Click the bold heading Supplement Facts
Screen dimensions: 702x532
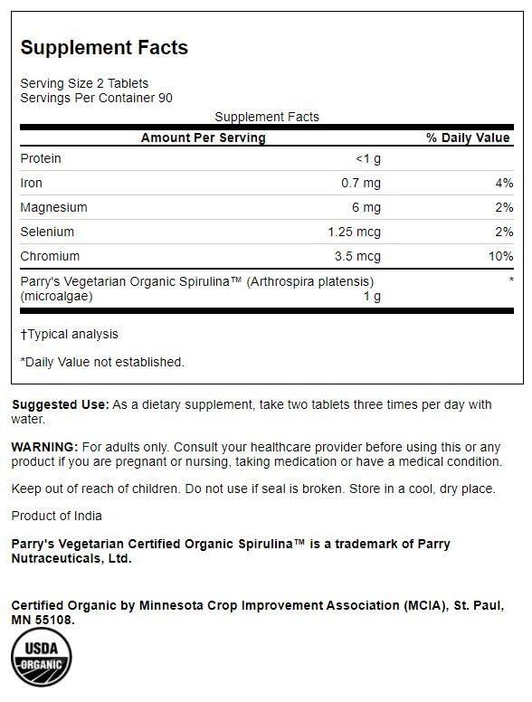104,48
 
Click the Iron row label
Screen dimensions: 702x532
32,183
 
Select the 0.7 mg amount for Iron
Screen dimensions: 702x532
361,183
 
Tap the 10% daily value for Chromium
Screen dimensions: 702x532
500,256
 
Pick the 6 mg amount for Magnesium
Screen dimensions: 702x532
366,207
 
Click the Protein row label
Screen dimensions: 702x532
41,158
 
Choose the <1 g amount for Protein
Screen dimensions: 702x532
368,158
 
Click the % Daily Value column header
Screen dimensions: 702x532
468,138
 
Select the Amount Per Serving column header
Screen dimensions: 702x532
203,138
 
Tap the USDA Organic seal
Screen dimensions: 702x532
42,660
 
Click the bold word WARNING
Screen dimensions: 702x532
44,448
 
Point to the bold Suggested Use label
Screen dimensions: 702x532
60,404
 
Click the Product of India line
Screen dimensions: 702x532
56,516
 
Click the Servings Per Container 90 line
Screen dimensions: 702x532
96,98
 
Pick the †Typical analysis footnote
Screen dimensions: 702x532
70,334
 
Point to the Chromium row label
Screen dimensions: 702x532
50,256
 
